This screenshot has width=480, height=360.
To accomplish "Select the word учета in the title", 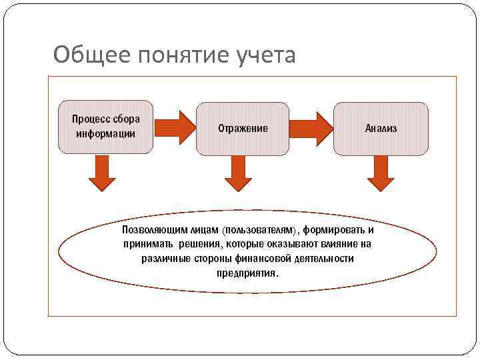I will coord(265,55).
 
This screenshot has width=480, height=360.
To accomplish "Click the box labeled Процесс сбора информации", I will coord(106,127).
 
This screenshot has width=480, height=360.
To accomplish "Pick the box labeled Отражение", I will coord(243,128).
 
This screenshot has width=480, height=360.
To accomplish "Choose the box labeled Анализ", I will coord(381,128).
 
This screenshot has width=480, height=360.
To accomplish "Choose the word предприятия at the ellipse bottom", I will coord(248,273).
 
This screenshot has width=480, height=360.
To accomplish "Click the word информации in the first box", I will coord(105,133).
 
